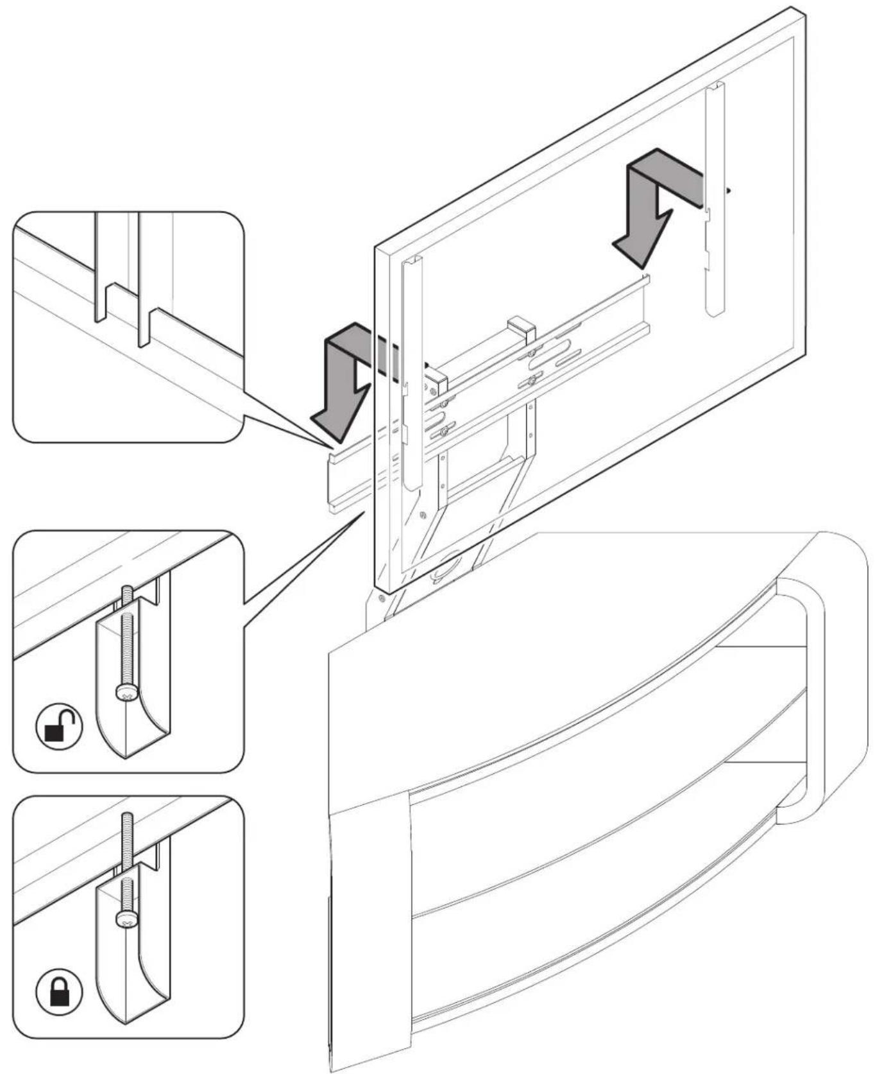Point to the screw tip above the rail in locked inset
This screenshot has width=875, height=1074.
(x=126, y=825)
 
